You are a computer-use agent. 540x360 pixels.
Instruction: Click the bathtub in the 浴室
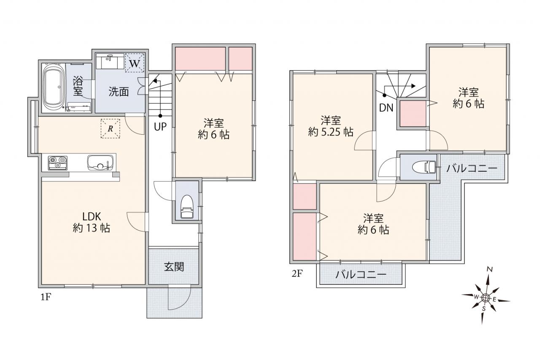54,87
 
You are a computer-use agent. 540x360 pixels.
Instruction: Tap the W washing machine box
135,63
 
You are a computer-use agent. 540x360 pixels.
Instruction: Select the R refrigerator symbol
111,128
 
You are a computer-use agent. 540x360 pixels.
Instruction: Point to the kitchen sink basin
100,162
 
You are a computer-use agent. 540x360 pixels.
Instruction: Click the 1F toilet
187,207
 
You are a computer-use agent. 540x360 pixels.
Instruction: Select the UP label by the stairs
160,127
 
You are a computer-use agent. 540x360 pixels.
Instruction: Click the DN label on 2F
386,108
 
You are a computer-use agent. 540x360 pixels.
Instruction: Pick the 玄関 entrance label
174,267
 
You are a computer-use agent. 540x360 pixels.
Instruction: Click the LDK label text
92,217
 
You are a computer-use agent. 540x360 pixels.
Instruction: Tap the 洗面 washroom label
119,92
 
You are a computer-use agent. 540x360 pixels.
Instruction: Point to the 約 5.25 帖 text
330,132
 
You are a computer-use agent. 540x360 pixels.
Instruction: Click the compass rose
485,298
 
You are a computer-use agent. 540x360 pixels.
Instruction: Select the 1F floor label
46,297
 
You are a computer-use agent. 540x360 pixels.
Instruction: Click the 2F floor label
297,273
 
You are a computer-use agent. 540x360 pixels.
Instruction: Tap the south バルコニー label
361,275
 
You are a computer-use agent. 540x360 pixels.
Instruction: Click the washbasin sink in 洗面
110,61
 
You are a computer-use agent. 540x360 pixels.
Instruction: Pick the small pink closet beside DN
413,114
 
